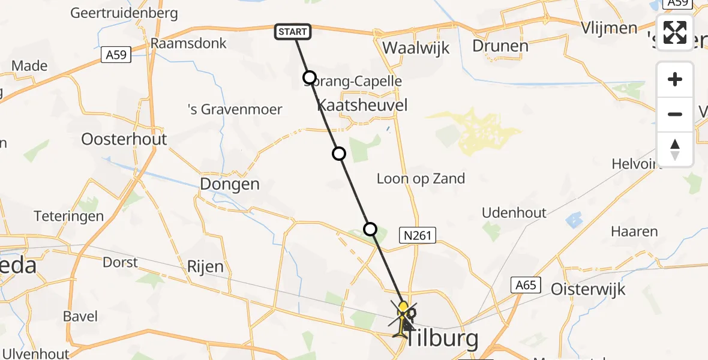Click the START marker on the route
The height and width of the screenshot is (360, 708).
(x=293, y=32)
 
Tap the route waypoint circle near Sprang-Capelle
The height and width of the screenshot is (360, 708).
(x=309, y=77)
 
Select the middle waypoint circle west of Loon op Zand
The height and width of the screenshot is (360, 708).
(x=339, y=154)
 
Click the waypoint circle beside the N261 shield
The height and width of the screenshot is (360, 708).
(x=370, y=229)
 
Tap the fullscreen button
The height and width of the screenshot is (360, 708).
(x=675, y=32)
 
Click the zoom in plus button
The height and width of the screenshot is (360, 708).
(x=675, y=79)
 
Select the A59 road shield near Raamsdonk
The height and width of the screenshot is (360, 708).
(x=116, y=55)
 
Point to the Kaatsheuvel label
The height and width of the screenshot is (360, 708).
(x=362, y=106)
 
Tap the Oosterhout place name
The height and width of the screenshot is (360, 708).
(x=124, y=139)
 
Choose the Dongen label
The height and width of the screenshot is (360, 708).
(x=230, y=184)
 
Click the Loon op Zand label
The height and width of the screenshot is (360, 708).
(x=421, y=178)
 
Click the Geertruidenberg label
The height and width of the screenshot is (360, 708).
(x=124, y=13)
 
